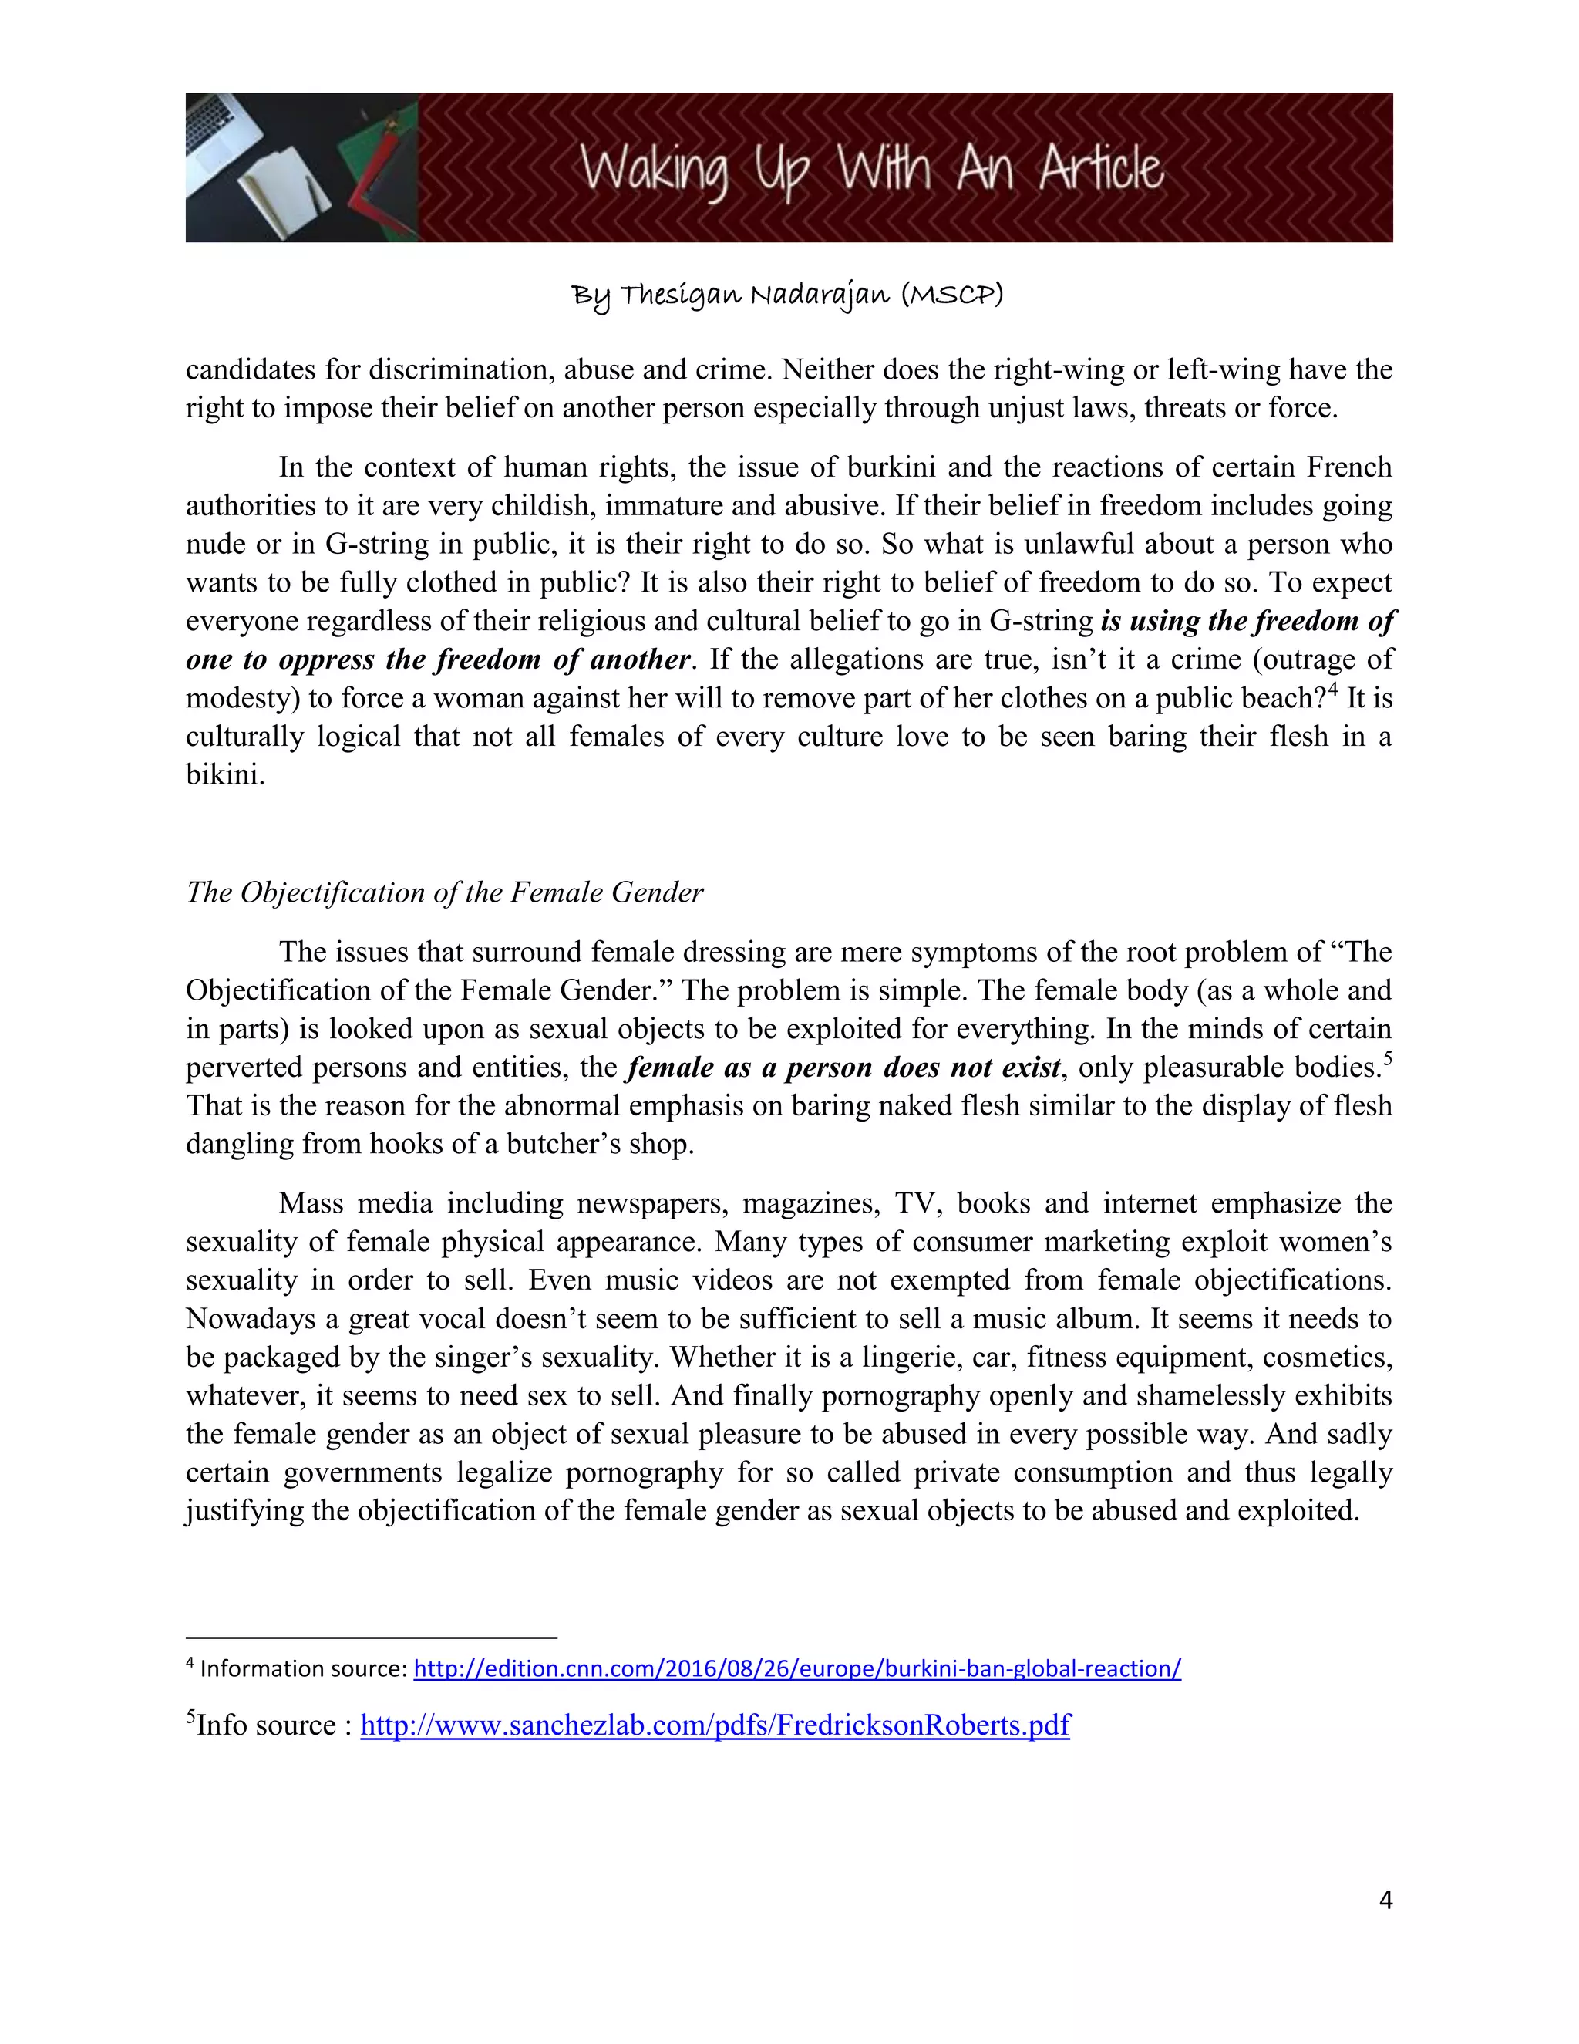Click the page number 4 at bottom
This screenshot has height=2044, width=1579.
coord(1385,1899)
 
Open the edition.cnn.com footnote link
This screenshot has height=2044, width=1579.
coord(797,1668)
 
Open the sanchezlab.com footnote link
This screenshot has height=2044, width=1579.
coord(715,1724)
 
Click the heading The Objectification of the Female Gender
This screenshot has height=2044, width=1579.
coord(444,892)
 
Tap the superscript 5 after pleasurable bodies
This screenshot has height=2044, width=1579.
coord(1388,1058)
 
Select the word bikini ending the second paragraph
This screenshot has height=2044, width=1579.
coord(224,775)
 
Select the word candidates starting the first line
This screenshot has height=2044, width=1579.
coord(251,369)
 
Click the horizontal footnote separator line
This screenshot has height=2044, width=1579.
coord(372,1638)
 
